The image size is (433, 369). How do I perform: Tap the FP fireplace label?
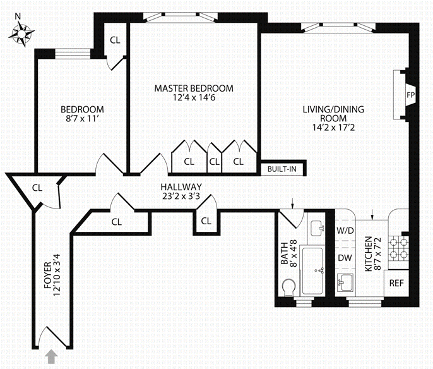410,94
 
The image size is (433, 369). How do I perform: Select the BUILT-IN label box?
282,169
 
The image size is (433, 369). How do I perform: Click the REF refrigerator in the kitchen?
396,283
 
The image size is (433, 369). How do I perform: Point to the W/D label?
345,231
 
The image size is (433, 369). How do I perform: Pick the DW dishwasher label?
345,258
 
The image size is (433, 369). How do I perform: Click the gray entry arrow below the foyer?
51,358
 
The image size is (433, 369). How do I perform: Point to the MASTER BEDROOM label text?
194,88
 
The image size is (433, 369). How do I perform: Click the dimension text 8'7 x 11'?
82,118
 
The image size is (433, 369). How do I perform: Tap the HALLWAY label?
181,187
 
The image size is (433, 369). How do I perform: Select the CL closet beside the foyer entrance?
37,188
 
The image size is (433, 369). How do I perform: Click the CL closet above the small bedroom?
115,40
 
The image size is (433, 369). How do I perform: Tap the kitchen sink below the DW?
346,282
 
